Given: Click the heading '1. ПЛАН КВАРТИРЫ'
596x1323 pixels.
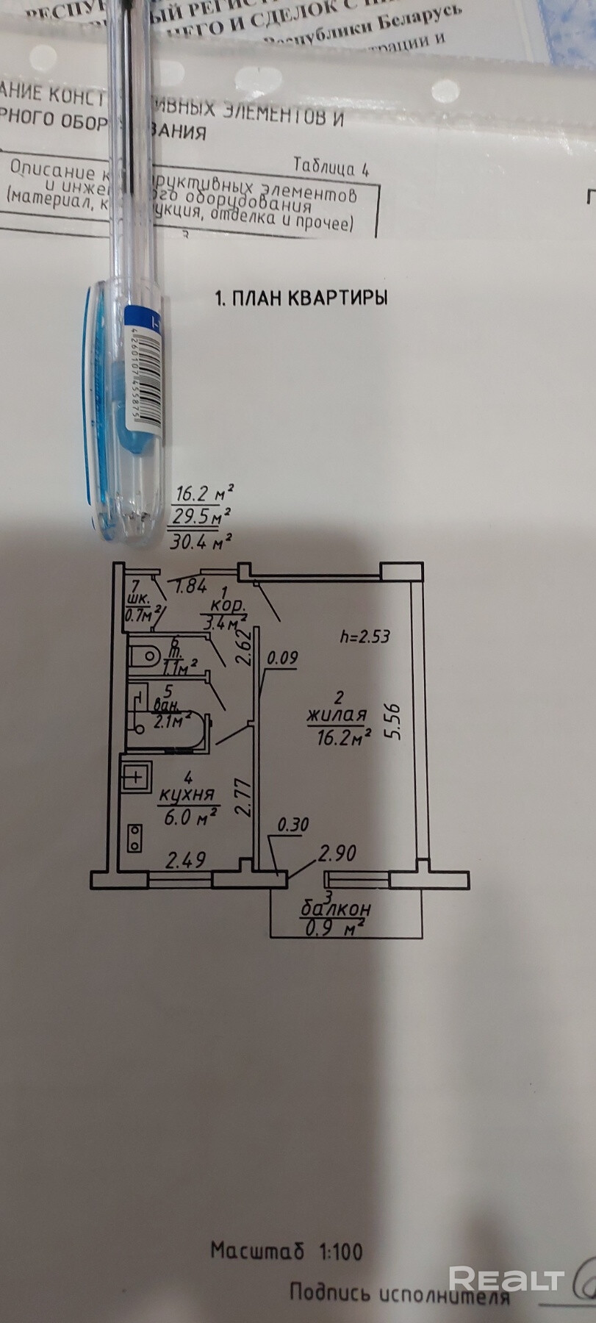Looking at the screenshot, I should [x=301, y=298].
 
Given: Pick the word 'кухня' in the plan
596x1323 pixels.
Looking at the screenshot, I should [x=187, y=795].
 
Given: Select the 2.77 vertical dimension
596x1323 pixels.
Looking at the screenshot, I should [x=245, y=798].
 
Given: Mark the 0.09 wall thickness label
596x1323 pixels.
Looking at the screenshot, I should [x=282, y=658].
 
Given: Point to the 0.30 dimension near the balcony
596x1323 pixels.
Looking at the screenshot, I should [x=292, y=826].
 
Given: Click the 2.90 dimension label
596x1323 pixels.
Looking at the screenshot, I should [x=337, y=853].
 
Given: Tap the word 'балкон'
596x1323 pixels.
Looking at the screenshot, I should [x=336, y=909].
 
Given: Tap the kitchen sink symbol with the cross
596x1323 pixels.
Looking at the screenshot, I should [x=136, y=774].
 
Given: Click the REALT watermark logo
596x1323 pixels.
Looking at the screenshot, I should [x=506, y=1279].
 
